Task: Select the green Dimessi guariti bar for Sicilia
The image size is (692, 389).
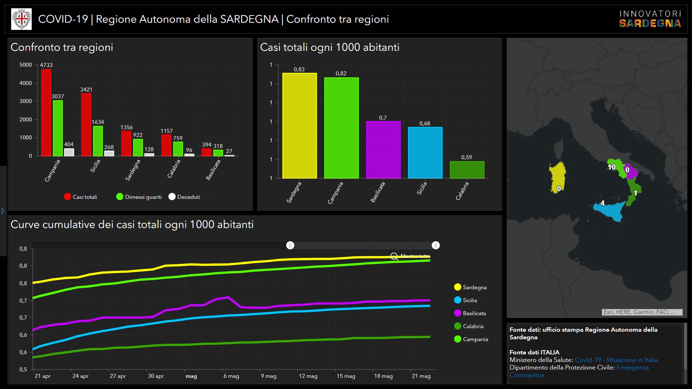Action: tap(98, 141)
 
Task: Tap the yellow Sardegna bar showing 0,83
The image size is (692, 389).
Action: tap(299, 126)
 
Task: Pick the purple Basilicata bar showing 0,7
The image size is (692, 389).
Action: tap(383, 149)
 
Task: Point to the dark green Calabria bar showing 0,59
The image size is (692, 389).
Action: tap(467, 170)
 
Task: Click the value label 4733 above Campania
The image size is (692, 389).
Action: tap(46, 65)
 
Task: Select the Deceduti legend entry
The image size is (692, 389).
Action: tap(184, 197)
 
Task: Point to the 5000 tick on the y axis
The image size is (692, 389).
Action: tap(26, 65)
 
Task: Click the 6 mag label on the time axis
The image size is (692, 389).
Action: tap(231, 376)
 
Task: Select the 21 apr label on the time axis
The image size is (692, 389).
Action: tap(43, 376)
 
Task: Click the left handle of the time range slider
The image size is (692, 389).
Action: tap(290, 245)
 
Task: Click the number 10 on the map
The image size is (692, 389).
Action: tap(612, 167)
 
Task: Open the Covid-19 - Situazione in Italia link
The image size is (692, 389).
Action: tap(616, 360)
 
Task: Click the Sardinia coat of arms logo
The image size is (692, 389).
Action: tap(22, 19)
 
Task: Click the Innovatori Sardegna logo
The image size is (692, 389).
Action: tap(650, 19)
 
